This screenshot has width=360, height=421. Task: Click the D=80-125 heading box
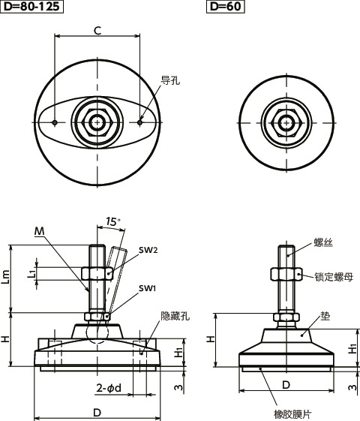pos(31,8)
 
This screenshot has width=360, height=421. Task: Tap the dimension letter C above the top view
pos(97,30)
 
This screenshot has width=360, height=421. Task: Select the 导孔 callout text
pos(170,80)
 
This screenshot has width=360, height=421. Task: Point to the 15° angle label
pos(113,222)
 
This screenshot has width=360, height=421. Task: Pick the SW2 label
pos(148,250)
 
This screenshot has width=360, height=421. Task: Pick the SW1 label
pos(147,289)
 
